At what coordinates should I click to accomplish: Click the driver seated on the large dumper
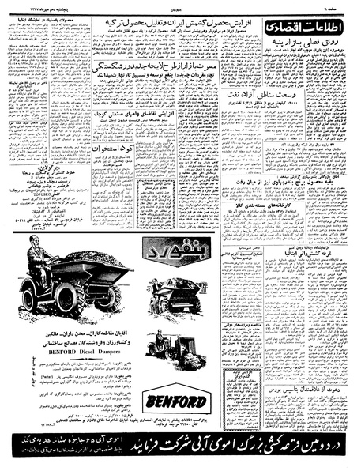(x=39, y=262)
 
